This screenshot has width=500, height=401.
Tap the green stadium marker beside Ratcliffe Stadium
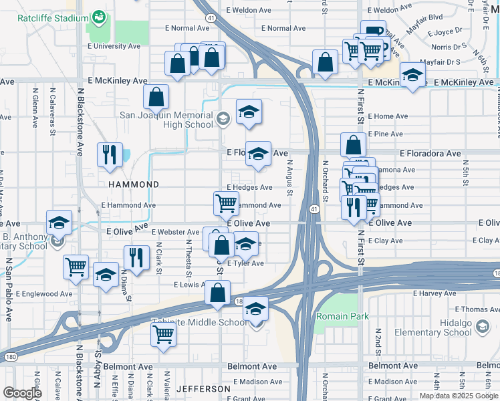pos(99,15)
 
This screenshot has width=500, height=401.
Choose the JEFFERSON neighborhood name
pos(203,388)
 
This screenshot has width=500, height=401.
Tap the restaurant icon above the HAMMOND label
pos(109,155)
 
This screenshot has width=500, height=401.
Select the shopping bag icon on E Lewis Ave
pos(218,293)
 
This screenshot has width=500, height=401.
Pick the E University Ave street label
pos(118,46)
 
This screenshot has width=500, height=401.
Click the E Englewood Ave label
pos(43,293)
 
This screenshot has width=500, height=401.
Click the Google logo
pos(22,394)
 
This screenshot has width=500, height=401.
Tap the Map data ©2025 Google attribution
pos(458,396)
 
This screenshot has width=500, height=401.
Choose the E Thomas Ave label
pos(477,309)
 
